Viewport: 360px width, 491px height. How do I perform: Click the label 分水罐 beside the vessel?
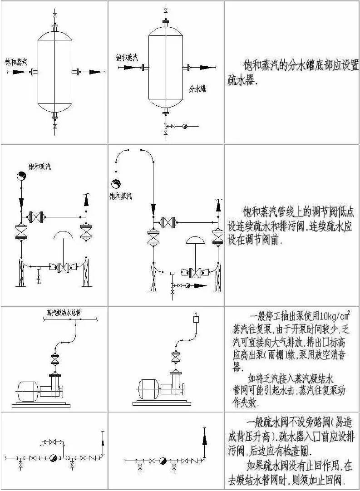[197, 89]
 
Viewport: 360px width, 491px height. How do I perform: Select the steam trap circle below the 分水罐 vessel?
[185, 126]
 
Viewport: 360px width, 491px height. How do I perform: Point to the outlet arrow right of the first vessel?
[96, 72]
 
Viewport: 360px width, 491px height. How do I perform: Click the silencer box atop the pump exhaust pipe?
[197, 318]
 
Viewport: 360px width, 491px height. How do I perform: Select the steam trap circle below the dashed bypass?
[53, 458]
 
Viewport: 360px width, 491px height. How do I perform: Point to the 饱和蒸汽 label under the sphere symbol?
[120, 196]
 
